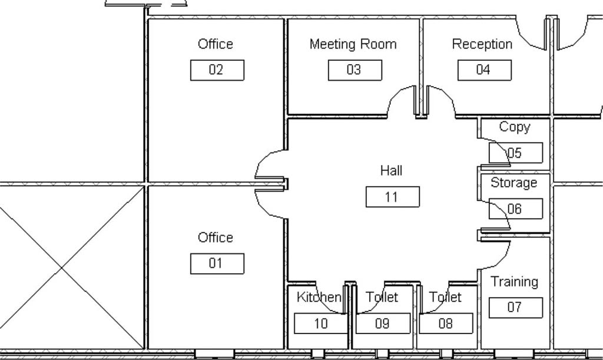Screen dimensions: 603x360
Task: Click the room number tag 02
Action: (217, 70)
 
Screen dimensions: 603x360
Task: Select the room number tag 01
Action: (217, 263)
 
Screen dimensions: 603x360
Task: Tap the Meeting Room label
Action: (353, 44)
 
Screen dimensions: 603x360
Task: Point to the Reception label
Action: (482, 44)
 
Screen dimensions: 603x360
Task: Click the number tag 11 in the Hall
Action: (392, 197)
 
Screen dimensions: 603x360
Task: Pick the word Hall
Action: (392, 170)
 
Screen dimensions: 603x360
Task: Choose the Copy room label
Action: (515, 127)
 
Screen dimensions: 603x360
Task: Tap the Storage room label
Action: (513, 182)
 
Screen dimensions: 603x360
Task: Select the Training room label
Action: (514, 282)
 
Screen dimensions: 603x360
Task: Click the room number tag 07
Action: (516, 308)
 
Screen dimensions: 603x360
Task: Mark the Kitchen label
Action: (319, 297)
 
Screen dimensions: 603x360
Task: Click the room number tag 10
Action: (321, 323)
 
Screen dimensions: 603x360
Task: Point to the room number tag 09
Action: (383, 323)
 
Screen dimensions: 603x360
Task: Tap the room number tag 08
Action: (446, 323)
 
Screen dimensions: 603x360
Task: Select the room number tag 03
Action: (354, 70)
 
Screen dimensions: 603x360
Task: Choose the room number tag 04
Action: (484, 70)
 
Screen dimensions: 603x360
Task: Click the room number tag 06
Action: (516, 209)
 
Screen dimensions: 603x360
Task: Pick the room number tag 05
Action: (516, 153)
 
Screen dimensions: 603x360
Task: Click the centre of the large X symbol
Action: (61, 267)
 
